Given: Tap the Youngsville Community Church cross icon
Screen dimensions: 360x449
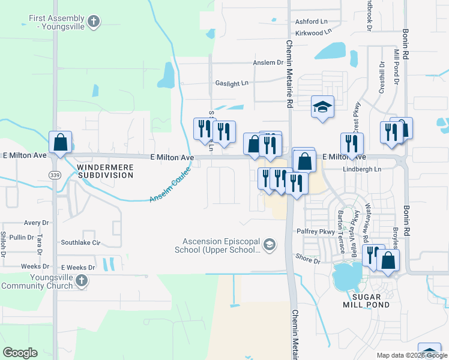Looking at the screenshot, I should tap(82, 281).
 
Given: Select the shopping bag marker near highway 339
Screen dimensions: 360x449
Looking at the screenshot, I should tap(60, 143).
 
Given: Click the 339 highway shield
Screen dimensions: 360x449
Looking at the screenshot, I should tap(53, 173).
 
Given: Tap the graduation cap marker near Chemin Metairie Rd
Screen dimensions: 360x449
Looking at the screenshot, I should tap(322, 107).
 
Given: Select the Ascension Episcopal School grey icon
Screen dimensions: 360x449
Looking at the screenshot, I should tap(270, 244).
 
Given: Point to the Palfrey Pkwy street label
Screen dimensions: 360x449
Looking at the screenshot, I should tap(315, 231).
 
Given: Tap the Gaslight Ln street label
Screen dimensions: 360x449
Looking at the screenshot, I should tap(232, 83).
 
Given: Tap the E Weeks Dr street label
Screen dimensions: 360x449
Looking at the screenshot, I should tap(78, 267).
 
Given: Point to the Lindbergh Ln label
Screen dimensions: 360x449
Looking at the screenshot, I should tap(361, 170).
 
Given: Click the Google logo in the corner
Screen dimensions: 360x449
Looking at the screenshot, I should tap(20, 353).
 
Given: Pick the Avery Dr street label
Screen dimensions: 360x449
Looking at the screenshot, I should tap(37, 223).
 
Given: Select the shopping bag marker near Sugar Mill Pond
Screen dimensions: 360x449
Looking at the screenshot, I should tap(388, 260).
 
